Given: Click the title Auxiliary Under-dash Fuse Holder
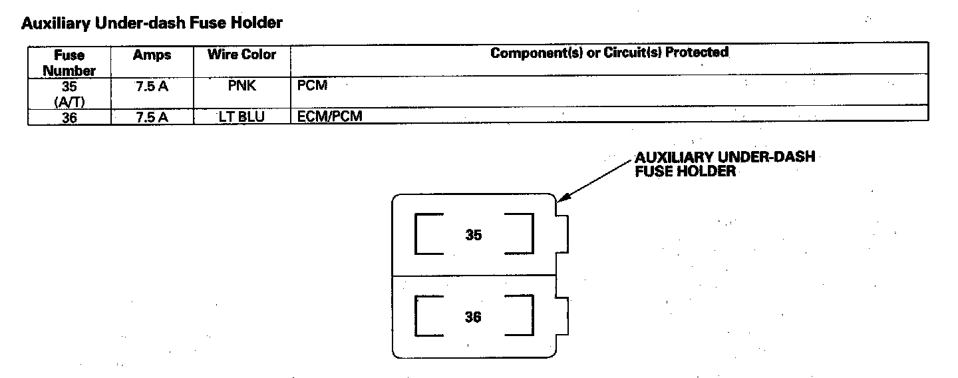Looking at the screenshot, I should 152,23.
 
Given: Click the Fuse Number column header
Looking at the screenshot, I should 69,62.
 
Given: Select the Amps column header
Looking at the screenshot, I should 152,55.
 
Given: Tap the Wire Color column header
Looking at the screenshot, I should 241,55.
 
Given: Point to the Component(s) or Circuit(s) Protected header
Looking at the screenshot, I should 609,53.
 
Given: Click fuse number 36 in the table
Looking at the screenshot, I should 69,116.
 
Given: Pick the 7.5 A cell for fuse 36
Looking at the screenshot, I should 152,116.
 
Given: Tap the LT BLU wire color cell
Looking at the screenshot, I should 241,116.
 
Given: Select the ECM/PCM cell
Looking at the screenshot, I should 331,116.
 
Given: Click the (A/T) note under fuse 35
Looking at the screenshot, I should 69,100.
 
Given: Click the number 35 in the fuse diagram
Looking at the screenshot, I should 473,235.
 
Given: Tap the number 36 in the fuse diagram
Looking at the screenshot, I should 473,317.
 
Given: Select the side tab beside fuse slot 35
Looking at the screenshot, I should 562,235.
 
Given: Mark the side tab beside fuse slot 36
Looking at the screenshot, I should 562,317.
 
